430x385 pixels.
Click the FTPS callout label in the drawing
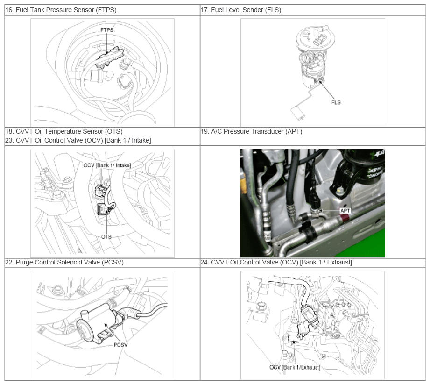[x=107, y=30]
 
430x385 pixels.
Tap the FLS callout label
[x=336, y=102]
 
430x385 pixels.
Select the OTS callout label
[x=106, y=237]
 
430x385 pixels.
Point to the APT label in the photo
[x=345, y=210]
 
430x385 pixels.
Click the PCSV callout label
[x=120, y=345]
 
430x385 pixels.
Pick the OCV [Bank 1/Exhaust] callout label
[x=295, y=367]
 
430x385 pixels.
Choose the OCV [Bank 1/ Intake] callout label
[x=107, y=165]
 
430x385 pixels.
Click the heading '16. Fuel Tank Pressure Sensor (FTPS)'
[x=61, y=10]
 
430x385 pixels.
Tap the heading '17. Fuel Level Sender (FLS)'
[x=241, y=10]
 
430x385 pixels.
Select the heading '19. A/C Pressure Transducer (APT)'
[x=252, y=131]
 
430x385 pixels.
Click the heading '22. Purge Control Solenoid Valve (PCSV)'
[x=64, y=262]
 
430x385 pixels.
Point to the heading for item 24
[x=276, y=262]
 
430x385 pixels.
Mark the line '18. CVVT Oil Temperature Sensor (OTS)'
[x=64, y=131]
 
